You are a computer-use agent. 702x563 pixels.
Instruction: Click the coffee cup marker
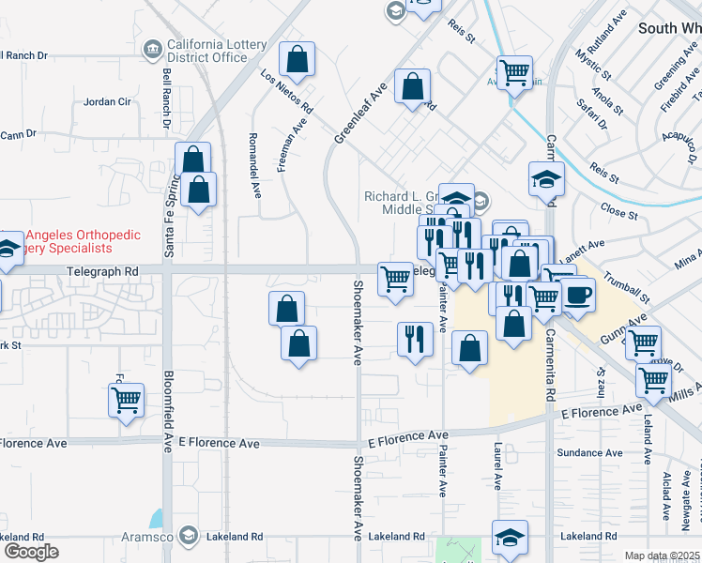(577, 295)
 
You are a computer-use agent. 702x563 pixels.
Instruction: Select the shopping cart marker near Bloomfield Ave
(126, 401)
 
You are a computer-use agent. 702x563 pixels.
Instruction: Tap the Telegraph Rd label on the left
(102, 271)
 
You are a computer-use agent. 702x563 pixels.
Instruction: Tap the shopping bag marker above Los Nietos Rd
(297, 60)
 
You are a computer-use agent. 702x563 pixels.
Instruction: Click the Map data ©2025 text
(662, 555)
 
